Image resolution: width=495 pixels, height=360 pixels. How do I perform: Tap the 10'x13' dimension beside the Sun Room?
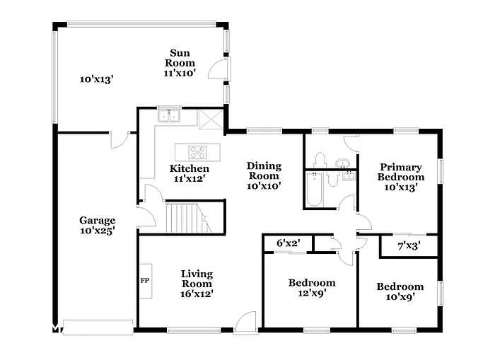(96, 80)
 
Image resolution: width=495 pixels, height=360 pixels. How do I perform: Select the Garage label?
(97, 220)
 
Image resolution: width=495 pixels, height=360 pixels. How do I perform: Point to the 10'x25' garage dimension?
(97, 231)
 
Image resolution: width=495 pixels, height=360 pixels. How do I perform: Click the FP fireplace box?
(145, 281)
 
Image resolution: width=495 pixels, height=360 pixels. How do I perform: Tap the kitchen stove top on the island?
(197, 151)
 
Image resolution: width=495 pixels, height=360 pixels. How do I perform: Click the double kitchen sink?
(169, 115)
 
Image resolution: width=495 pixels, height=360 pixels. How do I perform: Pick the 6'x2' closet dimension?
(288, 243)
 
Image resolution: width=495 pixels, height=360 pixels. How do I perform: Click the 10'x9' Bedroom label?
(400, 291)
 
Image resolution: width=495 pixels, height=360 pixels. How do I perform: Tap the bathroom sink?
(344, 163)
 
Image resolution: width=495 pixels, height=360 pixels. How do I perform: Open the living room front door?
(245, 323)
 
